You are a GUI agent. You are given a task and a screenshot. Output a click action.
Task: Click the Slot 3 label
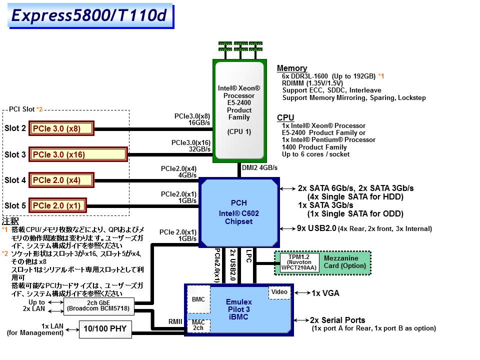15,154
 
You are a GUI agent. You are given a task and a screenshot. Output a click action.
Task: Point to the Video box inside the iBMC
279,291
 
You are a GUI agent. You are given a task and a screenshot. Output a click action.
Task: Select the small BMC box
198,299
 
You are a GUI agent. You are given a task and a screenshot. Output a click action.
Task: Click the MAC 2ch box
198,325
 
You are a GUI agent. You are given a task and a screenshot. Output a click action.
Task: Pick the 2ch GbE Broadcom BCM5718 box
98,306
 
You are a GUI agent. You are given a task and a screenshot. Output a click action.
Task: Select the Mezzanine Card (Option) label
344,262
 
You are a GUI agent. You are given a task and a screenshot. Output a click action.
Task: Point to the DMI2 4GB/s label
260,168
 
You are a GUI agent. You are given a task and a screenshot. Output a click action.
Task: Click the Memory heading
292,68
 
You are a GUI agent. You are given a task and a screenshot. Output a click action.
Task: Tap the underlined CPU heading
285,118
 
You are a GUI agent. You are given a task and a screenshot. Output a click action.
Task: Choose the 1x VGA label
325,293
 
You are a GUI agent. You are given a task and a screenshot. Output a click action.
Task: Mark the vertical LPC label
248,256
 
